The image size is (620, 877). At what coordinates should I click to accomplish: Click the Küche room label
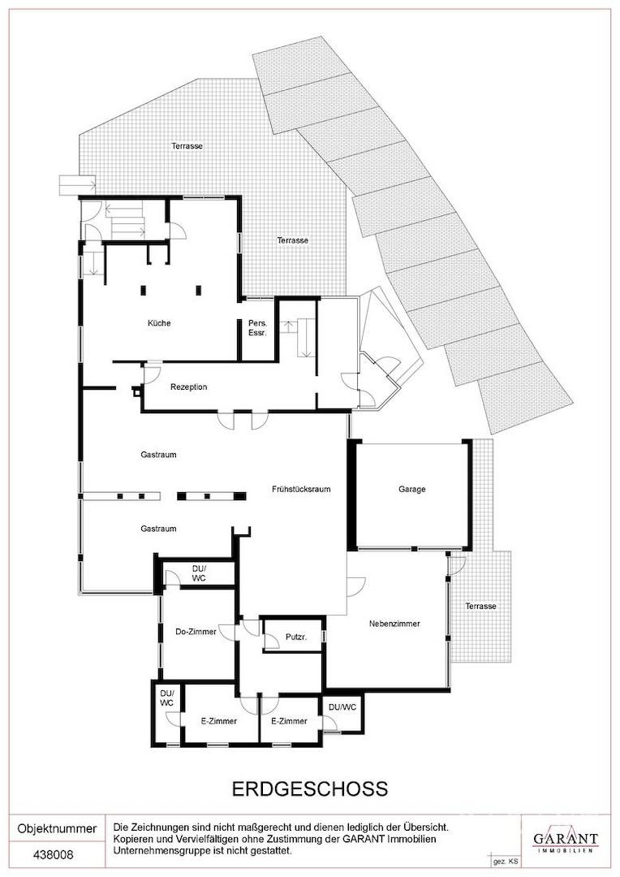[x=159, y=323]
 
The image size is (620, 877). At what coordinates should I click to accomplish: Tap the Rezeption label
[x=189, y=387]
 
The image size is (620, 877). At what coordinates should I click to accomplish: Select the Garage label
[x=412, y=489]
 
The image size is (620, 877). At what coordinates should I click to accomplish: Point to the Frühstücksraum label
[x=301, y=489]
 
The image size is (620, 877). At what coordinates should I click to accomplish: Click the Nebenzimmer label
[x=394, y=624]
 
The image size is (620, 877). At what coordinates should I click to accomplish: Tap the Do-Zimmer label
[x=196, y=632]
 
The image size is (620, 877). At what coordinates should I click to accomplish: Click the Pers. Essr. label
[x=258, y=328]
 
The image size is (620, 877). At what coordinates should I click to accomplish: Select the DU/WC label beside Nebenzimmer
[x=342, y=707]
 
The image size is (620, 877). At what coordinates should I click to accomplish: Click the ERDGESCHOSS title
[x=310, y=788]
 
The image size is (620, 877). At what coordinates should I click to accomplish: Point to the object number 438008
[x=53, y=855]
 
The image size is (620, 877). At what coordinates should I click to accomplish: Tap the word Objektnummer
[x=57, y=829]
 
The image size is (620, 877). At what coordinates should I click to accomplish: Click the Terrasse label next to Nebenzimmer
[x=480, y=607]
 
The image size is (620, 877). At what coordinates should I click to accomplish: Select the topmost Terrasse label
[x=187, y=146]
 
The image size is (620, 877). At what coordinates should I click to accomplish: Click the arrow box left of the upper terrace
[x=77, y=184]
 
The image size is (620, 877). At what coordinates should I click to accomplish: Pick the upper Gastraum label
[x=158, y=455]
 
